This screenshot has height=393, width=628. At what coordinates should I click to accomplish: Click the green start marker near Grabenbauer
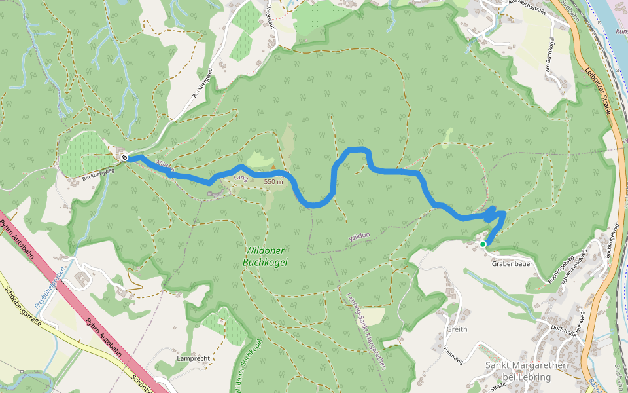[483, 244]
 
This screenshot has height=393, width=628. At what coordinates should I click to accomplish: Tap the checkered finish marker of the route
[124, 157]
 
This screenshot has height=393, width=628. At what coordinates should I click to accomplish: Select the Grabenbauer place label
[510, 265]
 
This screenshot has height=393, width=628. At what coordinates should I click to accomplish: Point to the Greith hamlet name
[457, 329]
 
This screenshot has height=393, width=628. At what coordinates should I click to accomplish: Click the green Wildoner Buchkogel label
[265, 256]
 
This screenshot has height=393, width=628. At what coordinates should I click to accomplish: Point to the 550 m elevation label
[273, 181]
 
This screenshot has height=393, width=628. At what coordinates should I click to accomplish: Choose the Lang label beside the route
[240, 178]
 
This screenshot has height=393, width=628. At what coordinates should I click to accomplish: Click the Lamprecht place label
[193, 360]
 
